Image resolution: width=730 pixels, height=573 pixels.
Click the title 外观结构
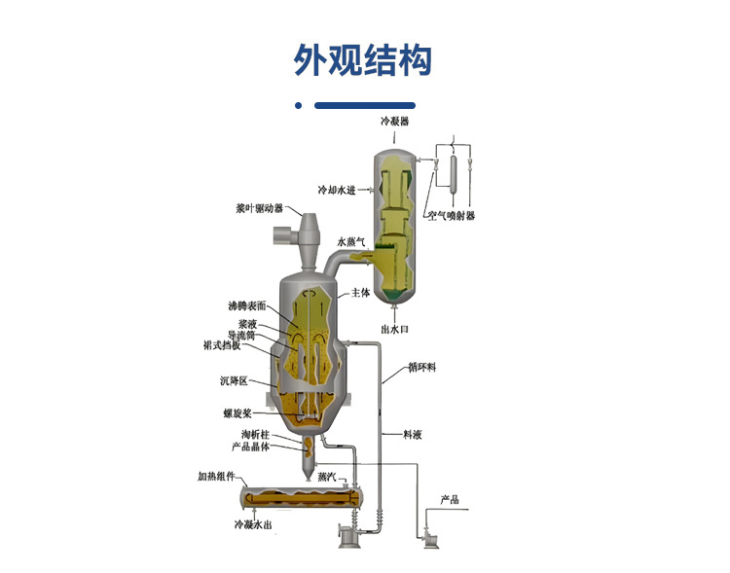tap(363, 59)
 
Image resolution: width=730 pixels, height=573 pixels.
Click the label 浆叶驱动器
tap(259, 208)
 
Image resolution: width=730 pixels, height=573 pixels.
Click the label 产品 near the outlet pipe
tap(449, 500)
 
